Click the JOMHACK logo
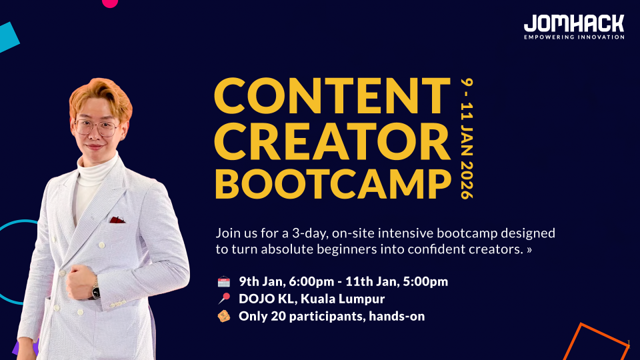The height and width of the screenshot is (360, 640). point(573,23)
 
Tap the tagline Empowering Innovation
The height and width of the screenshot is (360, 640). point(574,37)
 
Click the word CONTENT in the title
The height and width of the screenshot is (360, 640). point(332,95)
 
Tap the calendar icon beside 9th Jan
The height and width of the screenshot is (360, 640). point(223,281)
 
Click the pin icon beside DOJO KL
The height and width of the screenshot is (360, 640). point(223,299)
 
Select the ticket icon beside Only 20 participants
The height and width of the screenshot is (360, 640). point(223,316)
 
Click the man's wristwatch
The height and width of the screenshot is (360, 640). point(95,290)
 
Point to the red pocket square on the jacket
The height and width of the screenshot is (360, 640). point(117,219)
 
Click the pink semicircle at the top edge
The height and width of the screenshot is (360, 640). point(110,3)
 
